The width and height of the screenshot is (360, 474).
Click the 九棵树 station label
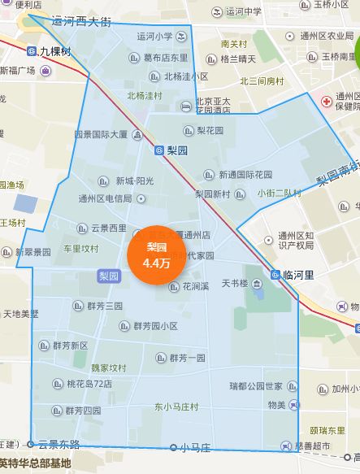coord(52,50)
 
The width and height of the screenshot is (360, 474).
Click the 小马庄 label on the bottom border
coord(195,447)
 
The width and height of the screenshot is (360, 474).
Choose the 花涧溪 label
coord(195,286)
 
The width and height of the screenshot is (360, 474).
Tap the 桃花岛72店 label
coord(89,384)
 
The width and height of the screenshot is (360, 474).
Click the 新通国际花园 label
coord(245,175)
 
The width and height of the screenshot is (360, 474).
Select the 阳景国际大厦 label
coord(100,134)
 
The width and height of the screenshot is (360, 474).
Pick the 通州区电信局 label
coord(105,198)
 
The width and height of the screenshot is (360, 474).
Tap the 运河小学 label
coord(154,36)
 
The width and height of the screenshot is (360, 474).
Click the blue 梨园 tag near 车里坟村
coord(109,276)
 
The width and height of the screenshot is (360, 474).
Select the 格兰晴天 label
coord(238,59)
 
